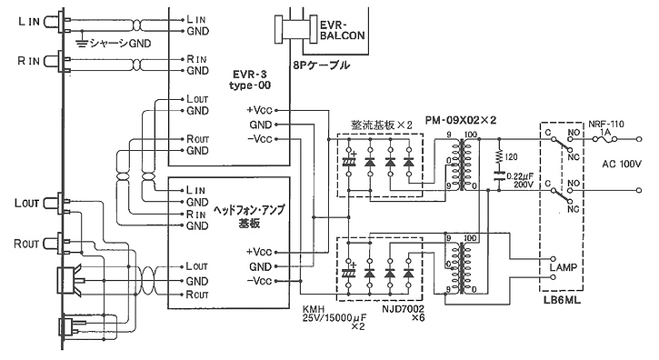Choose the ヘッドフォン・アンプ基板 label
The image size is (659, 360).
pyautogui.click(x=248, y=215)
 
